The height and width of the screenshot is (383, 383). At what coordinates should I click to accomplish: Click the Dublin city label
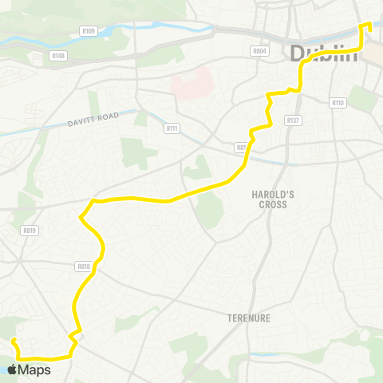[324, 54]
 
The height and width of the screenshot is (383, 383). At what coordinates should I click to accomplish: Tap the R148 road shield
[58, 56]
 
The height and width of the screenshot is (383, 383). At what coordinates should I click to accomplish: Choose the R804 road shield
[259, 50]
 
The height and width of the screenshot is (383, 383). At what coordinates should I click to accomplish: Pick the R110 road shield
[337, 102]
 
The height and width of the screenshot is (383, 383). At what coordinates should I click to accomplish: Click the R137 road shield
[294, 120]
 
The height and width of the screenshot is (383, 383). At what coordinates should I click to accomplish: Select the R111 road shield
[171, 128]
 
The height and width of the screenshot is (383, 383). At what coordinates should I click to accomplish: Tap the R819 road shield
[30, 231]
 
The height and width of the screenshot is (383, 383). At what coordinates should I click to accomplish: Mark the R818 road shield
[84, 267]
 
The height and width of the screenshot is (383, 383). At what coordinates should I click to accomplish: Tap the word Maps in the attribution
[34, 369]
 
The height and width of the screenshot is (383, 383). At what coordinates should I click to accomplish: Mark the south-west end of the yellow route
[14, 341]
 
